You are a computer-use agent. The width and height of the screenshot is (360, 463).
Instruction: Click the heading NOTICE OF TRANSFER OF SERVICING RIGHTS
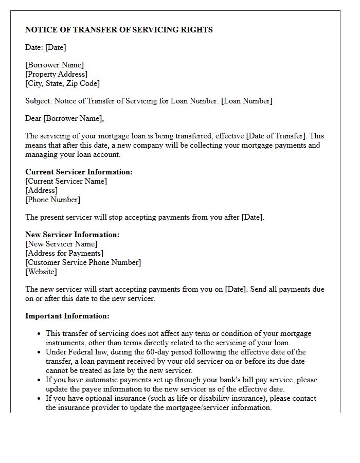[119, 30]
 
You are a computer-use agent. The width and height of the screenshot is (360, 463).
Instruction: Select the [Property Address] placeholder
[56, 74]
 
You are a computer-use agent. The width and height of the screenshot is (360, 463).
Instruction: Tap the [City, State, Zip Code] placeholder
[62, 83]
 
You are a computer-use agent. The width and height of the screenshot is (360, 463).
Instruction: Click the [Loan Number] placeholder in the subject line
[246, 101]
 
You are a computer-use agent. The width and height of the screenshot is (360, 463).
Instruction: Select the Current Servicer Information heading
[79, 172]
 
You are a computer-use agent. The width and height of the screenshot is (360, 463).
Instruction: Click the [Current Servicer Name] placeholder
[66, 181]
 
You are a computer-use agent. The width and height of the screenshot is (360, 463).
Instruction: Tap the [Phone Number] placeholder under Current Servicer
[52, 200]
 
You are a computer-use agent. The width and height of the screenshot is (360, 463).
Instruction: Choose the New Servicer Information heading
[72, 235]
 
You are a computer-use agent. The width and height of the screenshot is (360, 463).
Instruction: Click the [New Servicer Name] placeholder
[61, 244]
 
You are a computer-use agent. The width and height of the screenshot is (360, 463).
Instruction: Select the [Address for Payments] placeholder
[64, 253]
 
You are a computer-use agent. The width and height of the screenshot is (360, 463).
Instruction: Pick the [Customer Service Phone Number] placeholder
[83, 262]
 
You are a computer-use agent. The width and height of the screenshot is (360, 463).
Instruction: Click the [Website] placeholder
[41, 272]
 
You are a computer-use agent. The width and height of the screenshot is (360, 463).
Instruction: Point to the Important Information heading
[67, 316]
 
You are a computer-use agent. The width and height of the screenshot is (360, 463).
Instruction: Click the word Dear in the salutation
[33, 118]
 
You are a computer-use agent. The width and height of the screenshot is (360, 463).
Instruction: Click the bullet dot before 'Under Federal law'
[39, 352]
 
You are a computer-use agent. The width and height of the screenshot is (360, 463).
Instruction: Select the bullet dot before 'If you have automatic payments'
[39, 380]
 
